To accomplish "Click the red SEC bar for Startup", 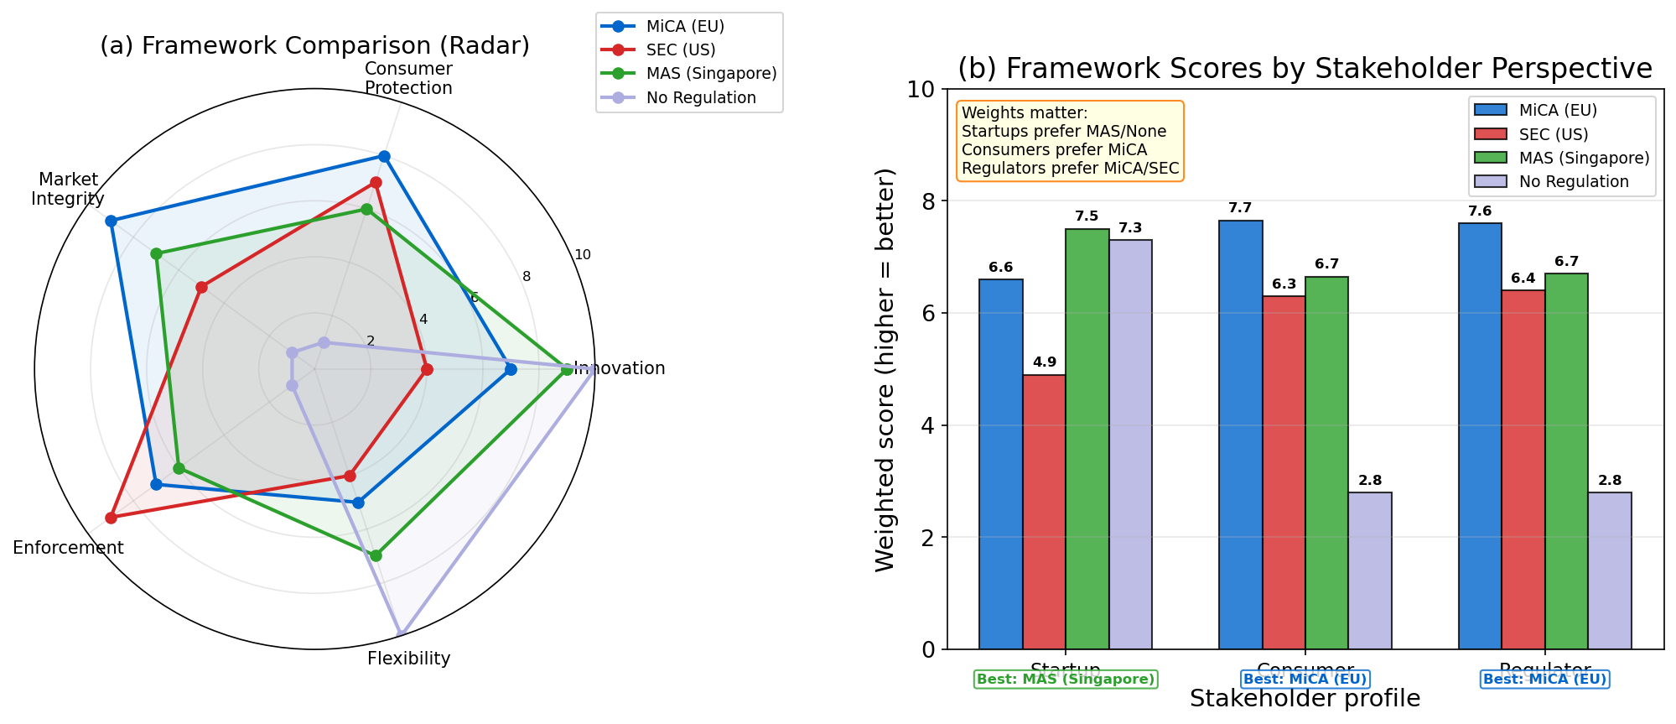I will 1044,512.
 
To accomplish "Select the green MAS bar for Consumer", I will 1326,462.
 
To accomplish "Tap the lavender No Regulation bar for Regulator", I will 1609,570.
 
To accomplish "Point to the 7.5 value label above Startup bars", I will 1087,216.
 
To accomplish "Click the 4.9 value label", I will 1044,362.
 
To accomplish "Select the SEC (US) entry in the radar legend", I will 680,49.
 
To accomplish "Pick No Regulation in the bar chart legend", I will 1573,181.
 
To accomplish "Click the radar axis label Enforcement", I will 68,548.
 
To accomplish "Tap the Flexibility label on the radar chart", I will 408,659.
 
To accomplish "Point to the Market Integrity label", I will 68,189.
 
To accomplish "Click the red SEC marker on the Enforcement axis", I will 111,518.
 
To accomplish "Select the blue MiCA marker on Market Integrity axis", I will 111,221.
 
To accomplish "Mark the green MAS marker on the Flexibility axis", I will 376,555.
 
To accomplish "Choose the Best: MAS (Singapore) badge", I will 1065,680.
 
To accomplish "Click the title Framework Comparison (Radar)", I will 314,45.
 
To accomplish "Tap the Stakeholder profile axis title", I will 1305,699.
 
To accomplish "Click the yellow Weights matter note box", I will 1070,141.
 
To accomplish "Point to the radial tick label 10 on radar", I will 582,255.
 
